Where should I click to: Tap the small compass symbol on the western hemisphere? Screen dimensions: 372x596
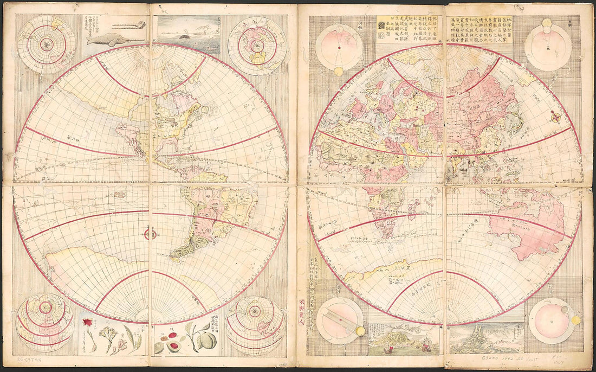pos(150,234)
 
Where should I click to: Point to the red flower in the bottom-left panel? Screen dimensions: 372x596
pos(86,323)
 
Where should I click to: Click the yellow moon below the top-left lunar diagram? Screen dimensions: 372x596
pos(338,71)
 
